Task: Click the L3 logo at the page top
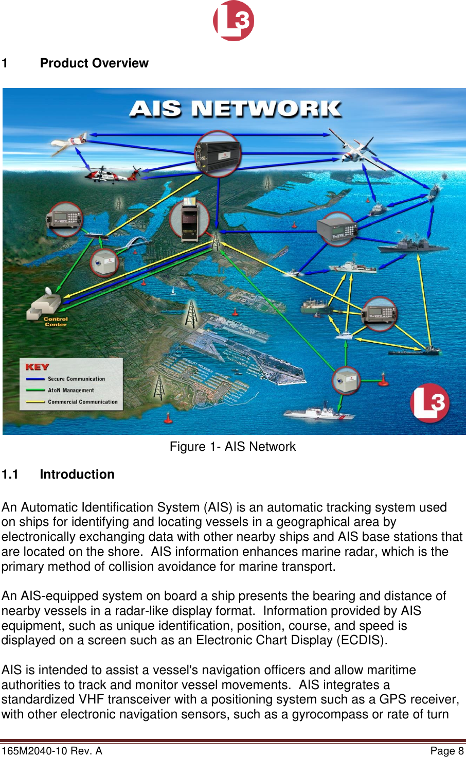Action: pyautogui.click(x=234, y=21)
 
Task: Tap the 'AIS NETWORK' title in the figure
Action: pyautogui.click(x=235, y=109)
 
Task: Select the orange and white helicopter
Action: pyautogui.click(x=111, y=174)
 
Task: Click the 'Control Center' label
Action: pyautogui.click(x=56, y=322)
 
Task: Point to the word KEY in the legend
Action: pyautogui.click(x=37, y=367)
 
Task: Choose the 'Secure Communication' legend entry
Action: pyautogui.click(x=76, y=379)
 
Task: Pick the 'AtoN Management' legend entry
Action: pyautogui.click(x=71, y=391)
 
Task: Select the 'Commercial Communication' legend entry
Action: pyautogui.click(x=82, y=402)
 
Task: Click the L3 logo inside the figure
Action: pyautogui.click(x=430, y=403)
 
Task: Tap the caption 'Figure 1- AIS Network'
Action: pyautogui.click(x=232, y=447)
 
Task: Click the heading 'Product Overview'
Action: pyautogui.click(x=94, y=63)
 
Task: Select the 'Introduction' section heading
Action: pyautogui.click(x=77, y=474)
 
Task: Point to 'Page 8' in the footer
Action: pyautogui.click(x=446, y=751)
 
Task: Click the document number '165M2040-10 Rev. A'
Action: pyautogui.click(x=52, y=751)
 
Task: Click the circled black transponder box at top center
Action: pyautogui.click(x=218, y=154)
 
